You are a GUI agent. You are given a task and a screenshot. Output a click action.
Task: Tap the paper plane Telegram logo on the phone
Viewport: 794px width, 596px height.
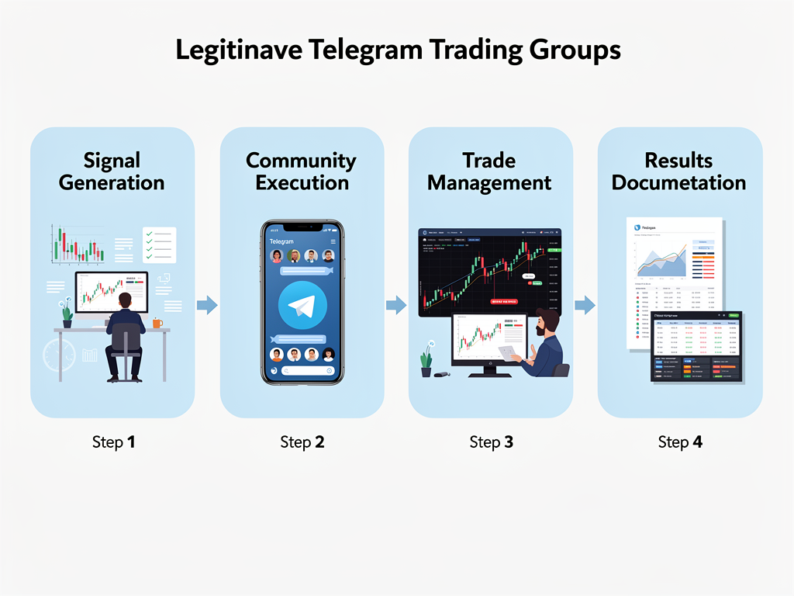302,307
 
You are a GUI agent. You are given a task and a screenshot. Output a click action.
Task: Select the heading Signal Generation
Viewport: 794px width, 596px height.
112,172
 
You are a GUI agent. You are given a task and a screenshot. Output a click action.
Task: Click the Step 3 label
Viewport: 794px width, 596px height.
491,442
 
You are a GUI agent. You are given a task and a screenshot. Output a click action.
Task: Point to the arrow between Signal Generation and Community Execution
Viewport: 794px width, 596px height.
207,305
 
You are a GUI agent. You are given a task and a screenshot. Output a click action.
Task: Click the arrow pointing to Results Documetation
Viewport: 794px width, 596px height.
585,305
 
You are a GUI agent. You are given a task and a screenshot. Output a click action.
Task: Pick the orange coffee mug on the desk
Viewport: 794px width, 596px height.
157,323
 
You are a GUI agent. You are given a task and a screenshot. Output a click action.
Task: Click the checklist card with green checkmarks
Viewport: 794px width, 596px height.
160,244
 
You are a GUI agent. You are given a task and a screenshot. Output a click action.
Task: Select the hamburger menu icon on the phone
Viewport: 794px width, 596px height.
333,242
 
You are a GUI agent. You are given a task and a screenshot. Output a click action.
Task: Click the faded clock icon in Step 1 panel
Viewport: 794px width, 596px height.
59,355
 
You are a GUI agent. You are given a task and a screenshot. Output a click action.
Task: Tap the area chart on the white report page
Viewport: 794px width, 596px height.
661,261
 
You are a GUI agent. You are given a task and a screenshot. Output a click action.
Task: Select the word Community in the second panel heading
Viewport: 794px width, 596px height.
301,161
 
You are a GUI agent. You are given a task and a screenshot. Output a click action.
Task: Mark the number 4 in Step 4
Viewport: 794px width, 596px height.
698,442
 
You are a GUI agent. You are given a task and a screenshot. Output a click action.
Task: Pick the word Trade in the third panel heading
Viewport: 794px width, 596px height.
488,161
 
